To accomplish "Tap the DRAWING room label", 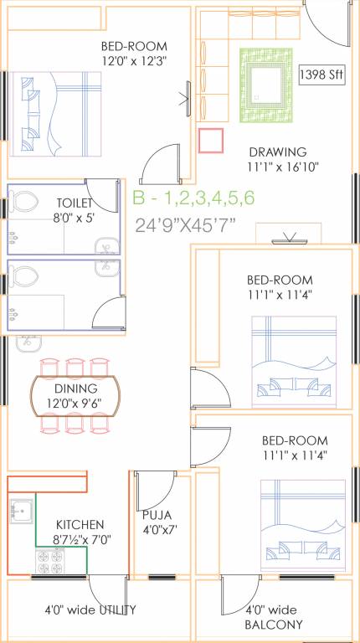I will point(278,152).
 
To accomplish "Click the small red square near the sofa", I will point(212,140).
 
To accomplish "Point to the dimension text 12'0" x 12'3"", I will point(133,61).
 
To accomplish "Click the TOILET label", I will point(75,203).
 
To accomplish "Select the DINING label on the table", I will point(77,388).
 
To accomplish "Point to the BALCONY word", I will point(274,625).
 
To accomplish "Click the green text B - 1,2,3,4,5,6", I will point(193,198).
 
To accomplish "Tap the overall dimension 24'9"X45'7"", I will point(186,224).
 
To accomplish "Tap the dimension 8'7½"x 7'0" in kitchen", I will point(81,540).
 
